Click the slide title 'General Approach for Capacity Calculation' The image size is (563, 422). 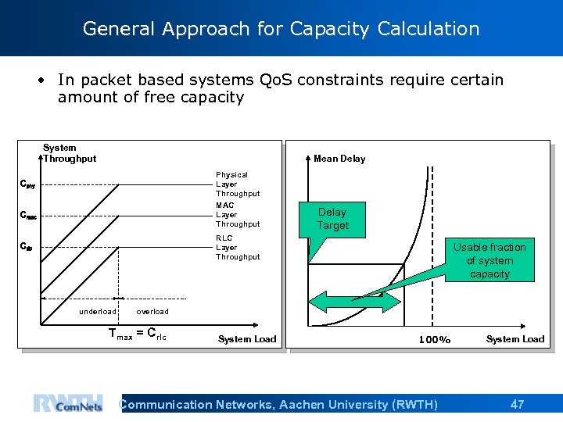281,29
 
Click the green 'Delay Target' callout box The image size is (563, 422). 332,219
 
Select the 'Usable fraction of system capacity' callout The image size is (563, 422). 489,260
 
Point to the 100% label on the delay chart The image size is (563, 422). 435,340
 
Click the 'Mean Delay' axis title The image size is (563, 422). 339,159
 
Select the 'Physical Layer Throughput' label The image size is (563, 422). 237,184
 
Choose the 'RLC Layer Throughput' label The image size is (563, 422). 237,248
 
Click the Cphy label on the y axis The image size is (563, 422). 27,185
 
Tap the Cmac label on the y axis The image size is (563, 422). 28,216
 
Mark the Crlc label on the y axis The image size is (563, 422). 27,248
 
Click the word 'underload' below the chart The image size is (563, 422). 98,312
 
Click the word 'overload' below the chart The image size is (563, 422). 152,312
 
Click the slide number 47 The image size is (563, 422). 517,404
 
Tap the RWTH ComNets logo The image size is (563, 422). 68,403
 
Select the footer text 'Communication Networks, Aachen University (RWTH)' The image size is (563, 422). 278,404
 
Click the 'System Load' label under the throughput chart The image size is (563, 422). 246,339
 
